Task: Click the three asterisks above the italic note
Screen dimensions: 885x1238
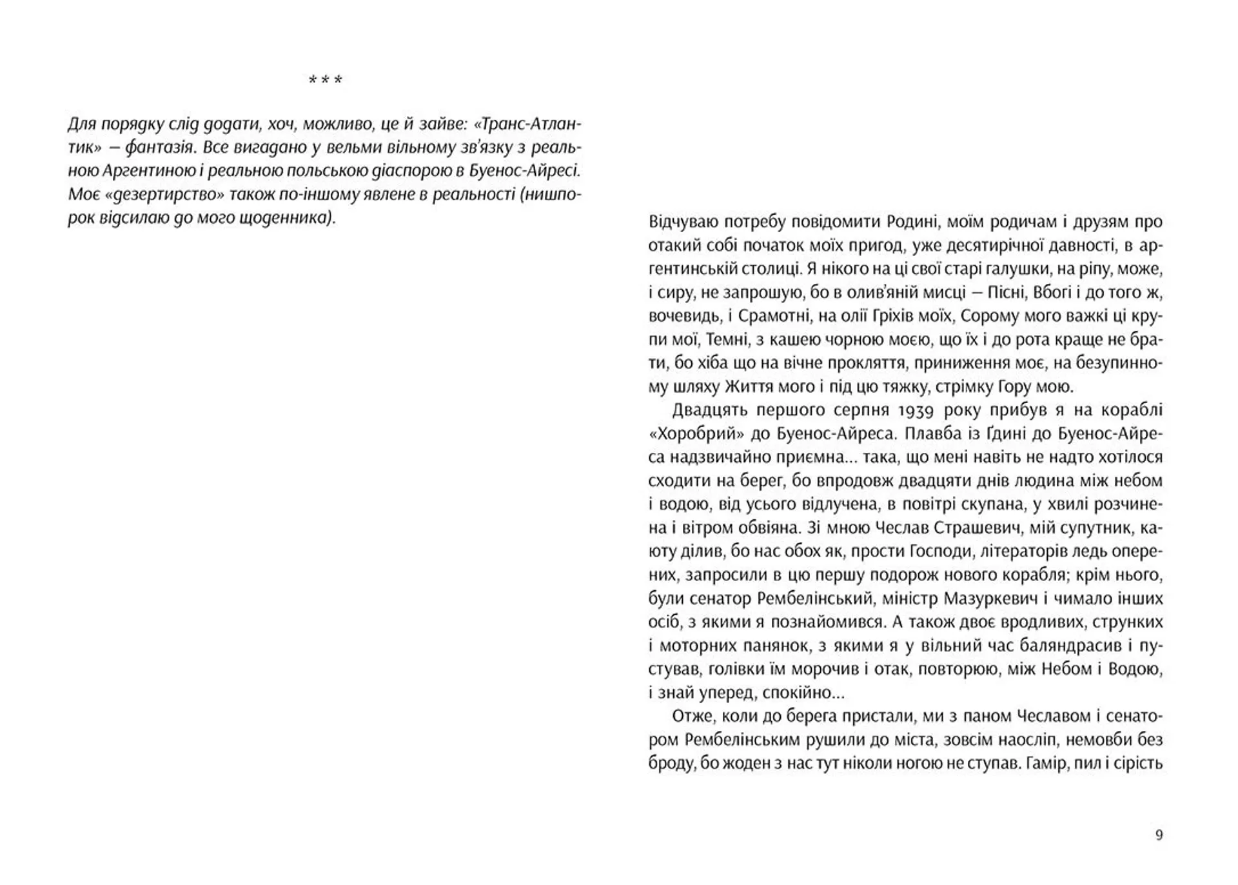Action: pyautogui.click(x=325, y=81)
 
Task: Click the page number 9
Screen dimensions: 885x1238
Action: pyautogui.click(x=1159, y=835)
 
